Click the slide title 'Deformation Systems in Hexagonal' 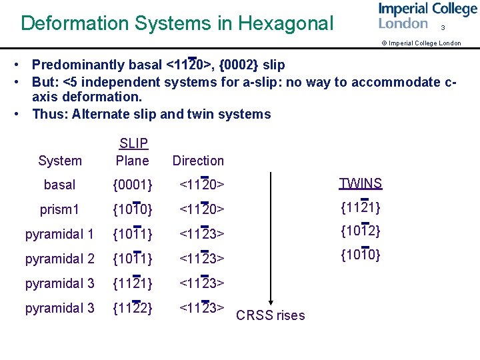tap(177, 23)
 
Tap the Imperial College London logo tap(427, 16)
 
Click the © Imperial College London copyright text tap(421, 43)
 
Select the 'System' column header tap(60, 161)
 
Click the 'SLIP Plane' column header tap(133, 152)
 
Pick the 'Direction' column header tap(198, 161)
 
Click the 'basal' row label tap(60, 185)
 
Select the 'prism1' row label tap(60, 209)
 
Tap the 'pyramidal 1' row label tap(60, 234)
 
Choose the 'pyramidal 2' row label tap(60, 259)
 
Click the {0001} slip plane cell tap(133, 185)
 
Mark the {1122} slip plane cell tap(133, 308)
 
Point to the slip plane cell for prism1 tap(133, 209)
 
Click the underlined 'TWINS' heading tap(361, 184)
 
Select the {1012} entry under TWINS tap(361, 231)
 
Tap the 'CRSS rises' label tap(271, 315)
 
